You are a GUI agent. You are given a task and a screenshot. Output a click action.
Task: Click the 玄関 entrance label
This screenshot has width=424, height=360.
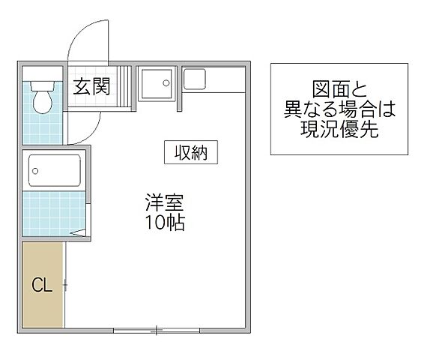pos(91,86)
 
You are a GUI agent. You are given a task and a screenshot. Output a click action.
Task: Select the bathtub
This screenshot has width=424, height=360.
pos(54,170)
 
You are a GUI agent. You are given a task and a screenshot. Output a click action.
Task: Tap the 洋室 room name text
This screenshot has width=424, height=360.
pos(164,202)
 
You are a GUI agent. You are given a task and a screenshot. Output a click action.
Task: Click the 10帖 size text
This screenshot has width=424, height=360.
pos(164,223)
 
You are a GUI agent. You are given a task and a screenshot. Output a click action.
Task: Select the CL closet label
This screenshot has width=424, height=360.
pos(41,285)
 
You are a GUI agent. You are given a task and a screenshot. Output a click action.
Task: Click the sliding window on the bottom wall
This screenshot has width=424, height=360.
pos(157,328)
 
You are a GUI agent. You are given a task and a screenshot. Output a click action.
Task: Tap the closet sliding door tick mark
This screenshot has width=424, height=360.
pos(66,285)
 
